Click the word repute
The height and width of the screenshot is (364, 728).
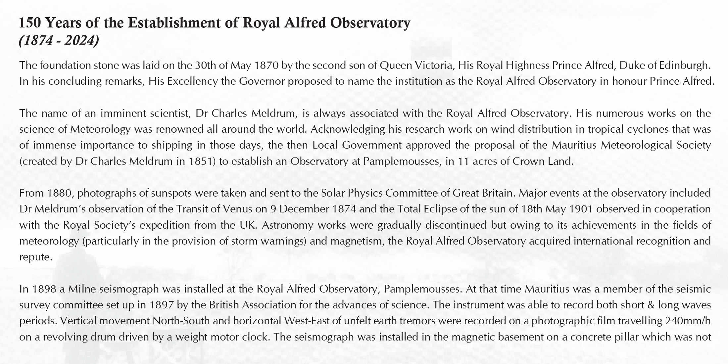(35, 257)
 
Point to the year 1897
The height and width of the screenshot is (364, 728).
(162, 305)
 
